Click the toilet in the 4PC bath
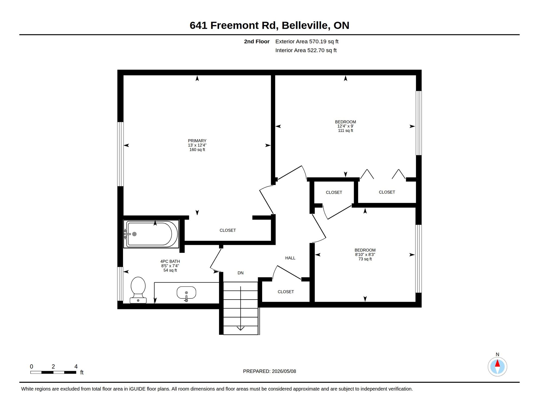[x=138, y=290]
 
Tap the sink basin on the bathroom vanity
[x=186, y=292]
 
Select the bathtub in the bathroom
[x=151, y=234]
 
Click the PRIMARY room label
[x=197, y=141]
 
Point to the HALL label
[x=290, y=258]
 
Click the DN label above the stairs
[x=240, y=273]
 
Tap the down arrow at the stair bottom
[x=240, y=328]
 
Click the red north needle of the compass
[x=498, y=363]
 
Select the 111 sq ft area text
[x=345, y=131]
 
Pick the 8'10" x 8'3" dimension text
[x=365, y=255]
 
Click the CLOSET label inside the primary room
[x=227, y=230]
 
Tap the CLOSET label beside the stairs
[x=286, y=292]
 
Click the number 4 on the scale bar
[x=76, y=366]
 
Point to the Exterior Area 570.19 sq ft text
[x=307, y=41]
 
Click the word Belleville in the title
[x=306, y=25]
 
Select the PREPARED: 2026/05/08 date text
[x=269, y=371]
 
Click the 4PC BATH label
[x=170, y=262]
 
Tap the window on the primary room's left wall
[x=120, y=154]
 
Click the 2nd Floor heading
[x=256, y=41]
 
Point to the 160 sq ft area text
[x=197, y=150]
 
